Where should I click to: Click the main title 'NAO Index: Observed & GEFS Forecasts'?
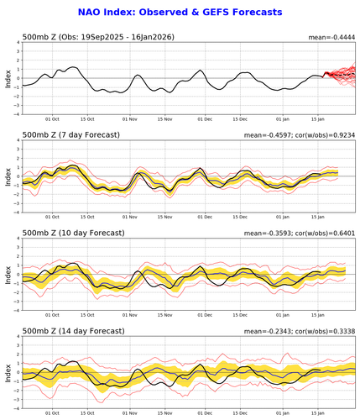pos(179,13)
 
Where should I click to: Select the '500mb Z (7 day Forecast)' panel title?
pos(70,135)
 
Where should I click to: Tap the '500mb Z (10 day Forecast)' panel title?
pos(73,233)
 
